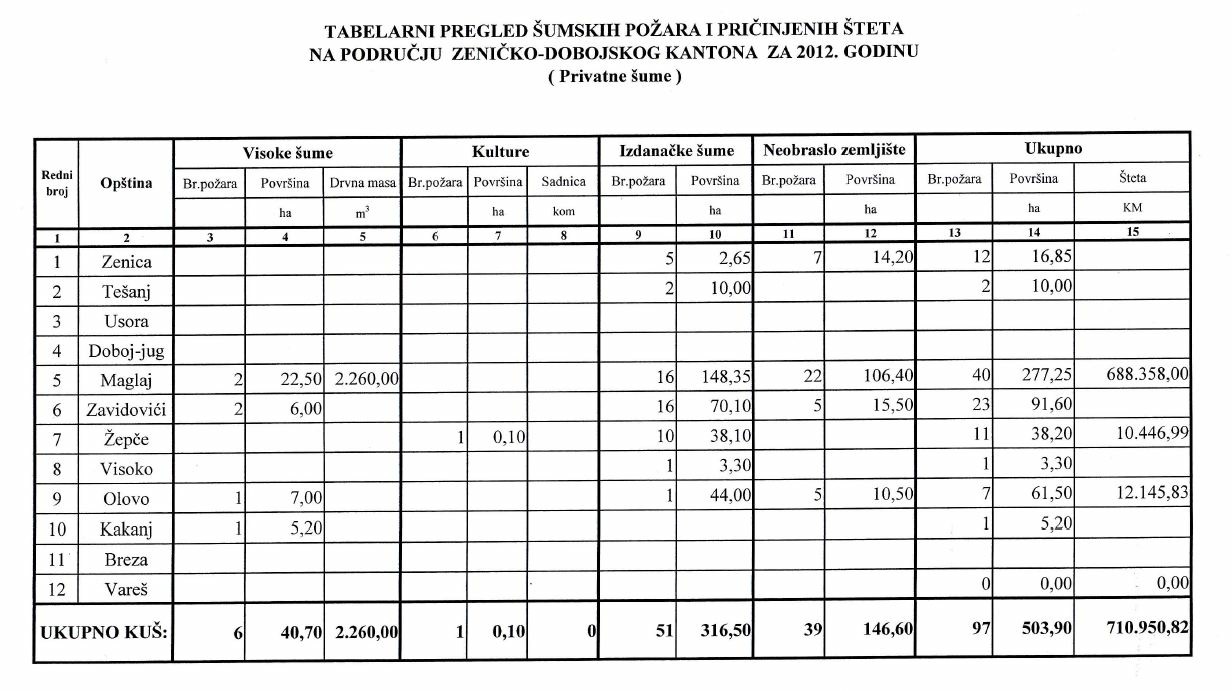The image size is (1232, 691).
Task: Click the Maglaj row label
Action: tap(125, 380)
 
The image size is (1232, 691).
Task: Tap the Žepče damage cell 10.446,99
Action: tap(1144, 436)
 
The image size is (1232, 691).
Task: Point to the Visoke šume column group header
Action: tap(288, 153)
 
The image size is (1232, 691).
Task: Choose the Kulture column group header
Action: tap(500, 152)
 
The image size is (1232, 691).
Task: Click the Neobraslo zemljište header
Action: tap(834, 151)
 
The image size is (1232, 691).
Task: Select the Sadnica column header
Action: tap(564, 182)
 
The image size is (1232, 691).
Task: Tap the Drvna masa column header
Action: tap(363, 183)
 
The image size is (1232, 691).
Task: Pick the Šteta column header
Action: tap(1132, 179)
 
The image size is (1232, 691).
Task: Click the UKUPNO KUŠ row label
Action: tap(103, 632)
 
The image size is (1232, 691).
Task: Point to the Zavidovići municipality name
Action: tap(125, 409)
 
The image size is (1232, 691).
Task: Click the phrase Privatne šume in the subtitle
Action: tap(616, 77)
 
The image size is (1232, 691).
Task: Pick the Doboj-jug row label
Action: tap(125, 351)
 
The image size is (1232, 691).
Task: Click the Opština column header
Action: tap(126, 184)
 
